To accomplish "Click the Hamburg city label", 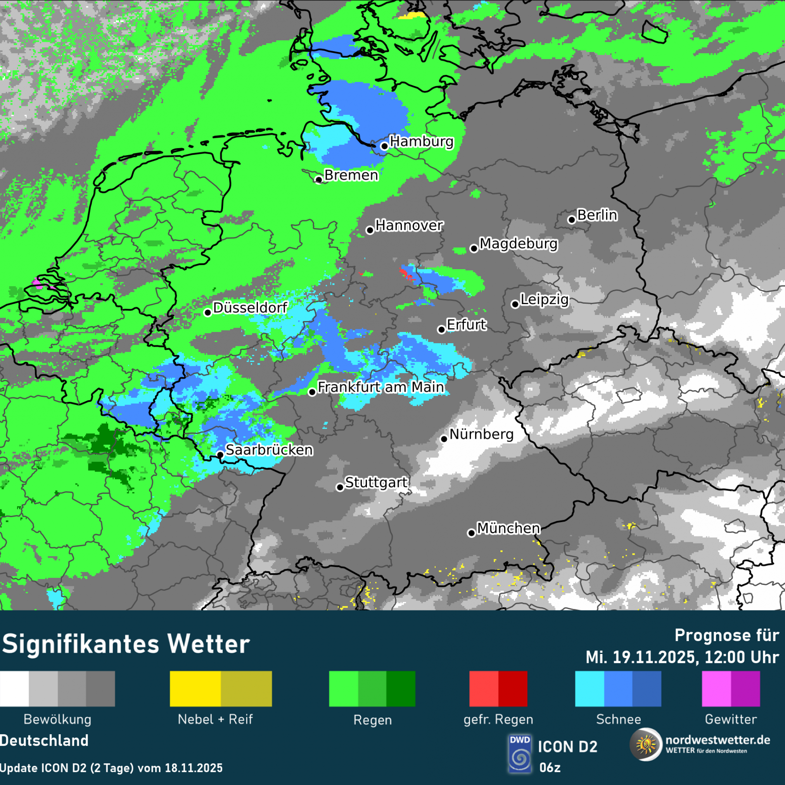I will (x=421, y=142).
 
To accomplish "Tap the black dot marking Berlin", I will (x=572, y=220).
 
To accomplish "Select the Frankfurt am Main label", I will (x=381, y=387).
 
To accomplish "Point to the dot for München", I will (x=471, y=533).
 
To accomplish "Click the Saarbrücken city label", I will (x=269, y=450).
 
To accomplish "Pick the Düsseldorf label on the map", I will (x=250, y=308).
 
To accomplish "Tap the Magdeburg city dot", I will (x=474, y=248).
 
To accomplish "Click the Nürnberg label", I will (x=481, y=434).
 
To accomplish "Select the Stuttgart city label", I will (x=376, y=482).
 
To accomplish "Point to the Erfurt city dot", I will (x=442, y=330).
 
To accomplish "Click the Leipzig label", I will (x=545, y=299).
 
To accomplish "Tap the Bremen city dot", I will (x=319, y=180).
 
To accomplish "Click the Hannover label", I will (x=409, y=225).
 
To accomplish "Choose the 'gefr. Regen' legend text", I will (x=498, y=719).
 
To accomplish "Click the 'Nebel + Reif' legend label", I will (x=215, y=719).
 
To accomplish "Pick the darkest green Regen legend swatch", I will (x=401, y=689).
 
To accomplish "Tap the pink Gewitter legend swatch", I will (x=716, y=689).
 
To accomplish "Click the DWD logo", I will (x=520, y=753).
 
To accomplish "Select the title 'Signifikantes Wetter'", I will (x=126, y=645).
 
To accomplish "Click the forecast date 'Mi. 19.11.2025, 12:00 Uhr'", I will (x=682, y=657).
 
